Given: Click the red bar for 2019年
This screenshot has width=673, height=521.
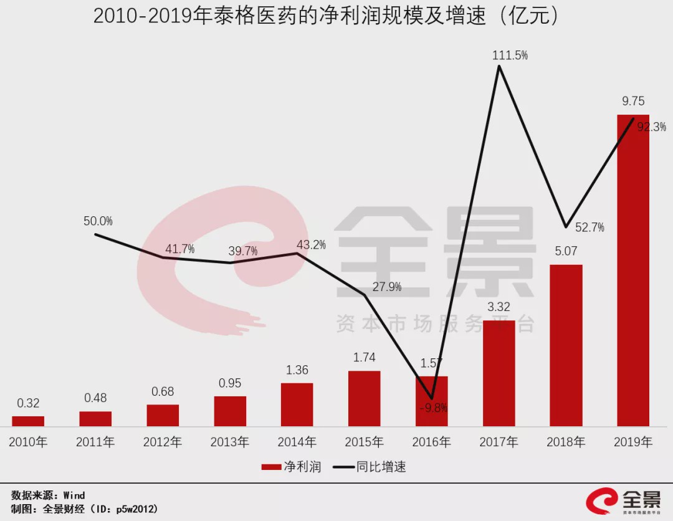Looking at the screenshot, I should [632, 270].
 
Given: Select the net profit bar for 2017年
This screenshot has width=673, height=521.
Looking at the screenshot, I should [499, 373].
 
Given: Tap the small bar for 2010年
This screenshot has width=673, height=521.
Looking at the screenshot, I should [28, 421].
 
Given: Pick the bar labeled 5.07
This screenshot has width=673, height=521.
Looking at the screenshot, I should [566, 345].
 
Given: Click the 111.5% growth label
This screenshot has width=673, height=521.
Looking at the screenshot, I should [510, 55].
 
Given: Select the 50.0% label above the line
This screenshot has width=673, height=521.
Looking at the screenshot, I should [98, 221].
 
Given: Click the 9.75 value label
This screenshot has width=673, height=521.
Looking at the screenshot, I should [633, 101].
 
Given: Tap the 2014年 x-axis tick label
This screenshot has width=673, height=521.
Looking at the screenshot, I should [297, 442].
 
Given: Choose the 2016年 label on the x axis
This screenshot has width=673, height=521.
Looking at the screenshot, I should [431, 442].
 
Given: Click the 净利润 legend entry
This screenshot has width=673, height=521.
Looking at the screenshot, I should [291, 467].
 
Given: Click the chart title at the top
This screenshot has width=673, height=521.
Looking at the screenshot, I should [326, 17].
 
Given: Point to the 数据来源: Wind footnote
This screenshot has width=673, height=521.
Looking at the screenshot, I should [48, 495].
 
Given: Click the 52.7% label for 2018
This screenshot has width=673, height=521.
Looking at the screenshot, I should [589, 228].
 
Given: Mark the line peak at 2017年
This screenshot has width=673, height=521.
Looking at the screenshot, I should [499, 66].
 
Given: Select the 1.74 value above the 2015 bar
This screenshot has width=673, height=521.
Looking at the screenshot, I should [365, 358].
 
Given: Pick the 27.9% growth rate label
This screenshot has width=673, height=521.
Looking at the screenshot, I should [386, 287].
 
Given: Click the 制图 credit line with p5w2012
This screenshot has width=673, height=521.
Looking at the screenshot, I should [84, 509].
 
